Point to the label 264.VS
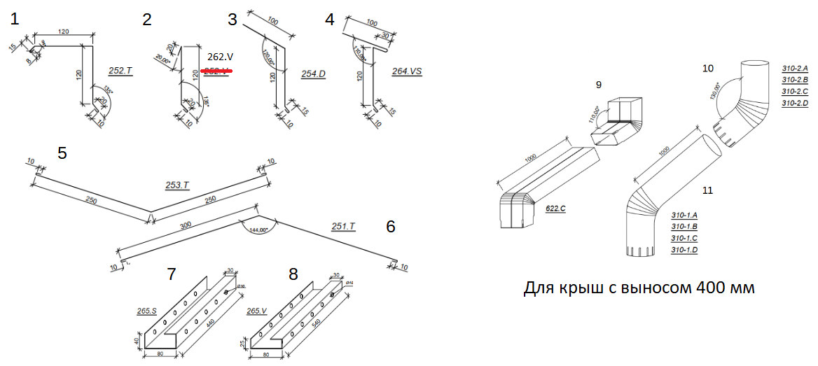408,71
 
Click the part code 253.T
177,185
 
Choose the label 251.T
343,226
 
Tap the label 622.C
555,208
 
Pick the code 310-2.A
795,69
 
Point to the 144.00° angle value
260,229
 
